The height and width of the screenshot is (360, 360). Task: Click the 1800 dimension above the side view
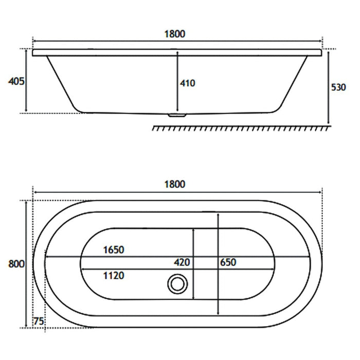click(175, 34)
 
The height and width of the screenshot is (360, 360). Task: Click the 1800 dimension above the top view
click(175, 184)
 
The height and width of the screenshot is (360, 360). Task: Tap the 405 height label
click(16, 81)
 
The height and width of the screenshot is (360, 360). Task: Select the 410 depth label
click(188, 83)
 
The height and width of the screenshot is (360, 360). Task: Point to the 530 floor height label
click(338, 87)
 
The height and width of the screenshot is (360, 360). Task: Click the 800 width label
click(16, 264)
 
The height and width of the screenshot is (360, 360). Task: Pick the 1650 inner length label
click(114, 250)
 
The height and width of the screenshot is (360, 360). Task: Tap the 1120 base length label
click(114, 276)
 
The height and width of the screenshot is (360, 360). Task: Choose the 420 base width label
click(182, 262)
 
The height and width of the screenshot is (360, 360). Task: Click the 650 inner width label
click(228, 262)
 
